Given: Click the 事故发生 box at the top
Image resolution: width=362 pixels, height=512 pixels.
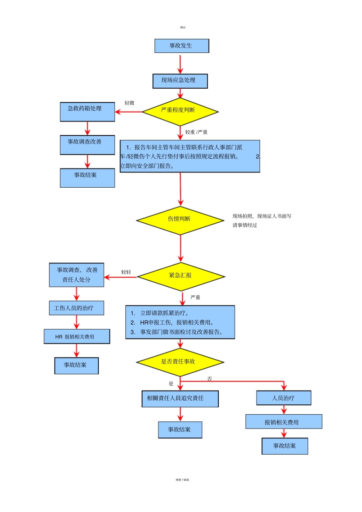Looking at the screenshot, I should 181,46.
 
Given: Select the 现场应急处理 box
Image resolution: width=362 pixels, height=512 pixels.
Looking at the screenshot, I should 180,81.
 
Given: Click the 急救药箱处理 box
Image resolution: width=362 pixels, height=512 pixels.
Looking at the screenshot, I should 87,112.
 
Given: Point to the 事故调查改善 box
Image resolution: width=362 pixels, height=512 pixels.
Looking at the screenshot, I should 87,145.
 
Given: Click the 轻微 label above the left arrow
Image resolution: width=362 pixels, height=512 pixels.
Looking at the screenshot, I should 130,103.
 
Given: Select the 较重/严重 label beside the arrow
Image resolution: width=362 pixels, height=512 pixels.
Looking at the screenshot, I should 196,132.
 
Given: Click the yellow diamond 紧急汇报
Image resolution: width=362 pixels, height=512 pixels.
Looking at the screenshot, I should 181,276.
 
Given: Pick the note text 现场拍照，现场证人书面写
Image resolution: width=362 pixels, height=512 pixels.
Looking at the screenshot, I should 262,216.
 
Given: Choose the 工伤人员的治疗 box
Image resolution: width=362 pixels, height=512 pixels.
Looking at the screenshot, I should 76,308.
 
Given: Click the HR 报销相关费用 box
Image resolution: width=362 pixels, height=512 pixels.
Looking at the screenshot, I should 77,337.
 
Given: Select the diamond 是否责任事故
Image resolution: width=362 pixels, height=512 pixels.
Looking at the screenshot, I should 179,362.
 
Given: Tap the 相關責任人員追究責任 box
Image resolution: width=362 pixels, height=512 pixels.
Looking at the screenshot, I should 180,399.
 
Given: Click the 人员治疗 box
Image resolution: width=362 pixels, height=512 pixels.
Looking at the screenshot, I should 284,398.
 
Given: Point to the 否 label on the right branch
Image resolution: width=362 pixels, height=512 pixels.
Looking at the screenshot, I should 210,379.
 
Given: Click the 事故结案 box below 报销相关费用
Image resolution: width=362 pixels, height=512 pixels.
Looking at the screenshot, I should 284,446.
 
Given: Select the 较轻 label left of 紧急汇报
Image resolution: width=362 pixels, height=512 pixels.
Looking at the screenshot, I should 126,272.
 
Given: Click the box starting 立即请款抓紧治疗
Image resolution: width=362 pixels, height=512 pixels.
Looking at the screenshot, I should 180,322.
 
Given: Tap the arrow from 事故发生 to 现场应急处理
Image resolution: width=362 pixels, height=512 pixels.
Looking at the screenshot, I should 180,64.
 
